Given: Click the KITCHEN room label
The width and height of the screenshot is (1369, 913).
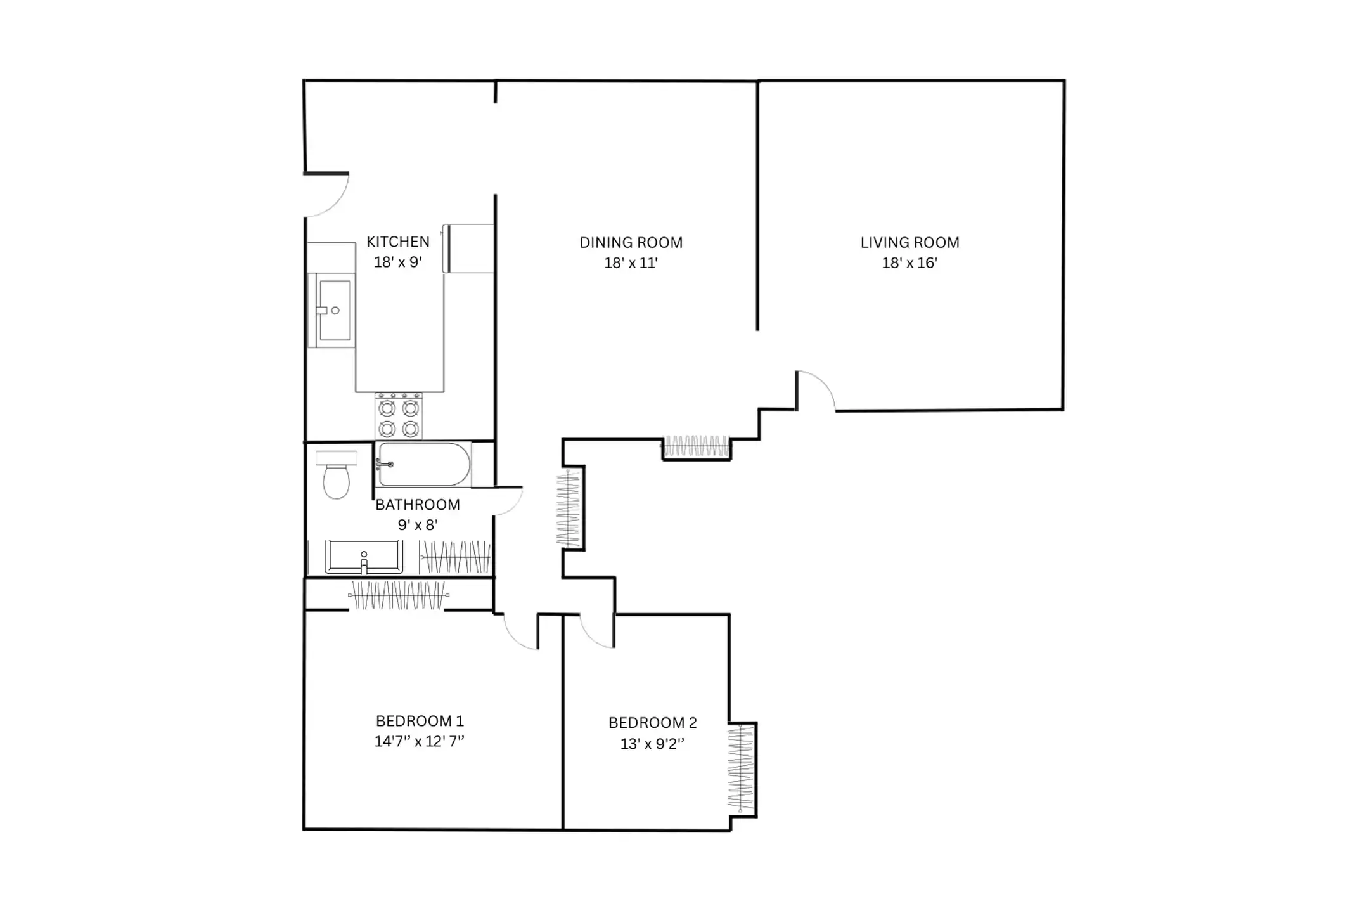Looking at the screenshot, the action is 398,242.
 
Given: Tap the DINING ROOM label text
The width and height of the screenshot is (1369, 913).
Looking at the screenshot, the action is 631,242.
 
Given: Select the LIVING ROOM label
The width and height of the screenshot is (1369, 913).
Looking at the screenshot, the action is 910,242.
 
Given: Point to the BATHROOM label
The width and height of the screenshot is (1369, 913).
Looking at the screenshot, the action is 418,505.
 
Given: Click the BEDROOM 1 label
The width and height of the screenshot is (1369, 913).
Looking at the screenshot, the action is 420,721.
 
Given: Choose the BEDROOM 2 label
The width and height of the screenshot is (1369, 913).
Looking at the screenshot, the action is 653,723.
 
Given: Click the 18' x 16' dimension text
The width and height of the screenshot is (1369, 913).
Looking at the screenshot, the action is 910,262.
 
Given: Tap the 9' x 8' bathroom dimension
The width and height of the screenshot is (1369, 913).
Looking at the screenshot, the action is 418,525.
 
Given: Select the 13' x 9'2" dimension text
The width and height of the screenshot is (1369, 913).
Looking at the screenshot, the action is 653,743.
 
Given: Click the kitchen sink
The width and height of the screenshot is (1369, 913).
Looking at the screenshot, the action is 331,311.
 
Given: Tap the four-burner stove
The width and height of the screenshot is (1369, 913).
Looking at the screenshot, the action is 399,416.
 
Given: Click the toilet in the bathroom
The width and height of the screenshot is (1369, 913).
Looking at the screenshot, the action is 336,474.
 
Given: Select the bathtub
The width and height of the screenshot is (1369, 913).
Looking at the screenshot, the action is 423,465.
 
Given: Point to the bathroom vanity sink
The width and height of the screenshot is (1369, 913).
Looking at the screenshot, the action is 364,557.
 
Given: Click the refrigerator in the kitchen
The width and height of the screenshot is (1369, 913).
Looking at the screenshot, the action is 468,249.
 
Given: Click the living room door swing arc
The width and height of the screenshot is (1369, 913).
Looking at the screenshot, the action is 823,382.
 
